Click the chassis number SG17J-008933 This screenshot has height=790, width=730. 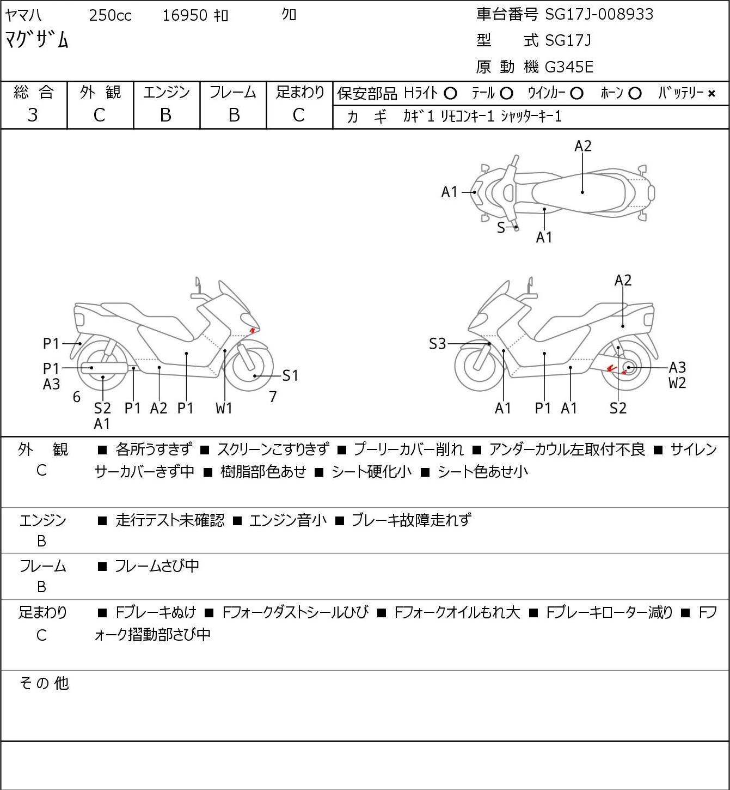point(599,14)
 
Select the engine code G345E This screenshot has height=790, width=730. point(568,67)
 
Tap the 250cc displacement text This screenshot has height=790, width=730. point(110,15)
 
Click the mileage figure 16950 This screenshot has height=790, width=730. point(185,15)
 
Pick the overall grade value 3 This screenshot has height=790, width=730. point(33,116)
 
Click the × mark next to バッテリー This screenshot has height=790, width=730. point(711,94)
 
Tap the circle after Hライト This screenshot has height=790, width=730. point(450,94)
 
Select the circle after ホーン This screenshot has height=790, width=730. point(635,94)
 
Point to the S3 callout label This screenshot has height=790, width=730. point(437,344)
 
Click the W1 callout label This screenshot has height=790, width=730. point(224,408)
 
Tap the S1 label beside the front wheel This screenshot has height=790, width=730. point(290,375)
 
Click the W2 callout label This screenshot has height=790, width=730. point(677,383)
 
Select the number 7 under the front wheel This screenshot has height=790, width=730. point(273,397)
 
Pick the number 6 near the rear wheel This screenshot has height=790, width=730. point(77,397)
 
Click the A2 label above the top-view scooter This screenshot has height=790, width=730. point(583,146)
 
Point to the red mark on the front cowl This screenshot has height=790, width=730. point(252,330)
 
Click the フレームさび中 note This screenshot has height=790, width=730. point(157,566)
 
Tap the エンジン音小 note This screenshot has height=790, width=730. point(288,520)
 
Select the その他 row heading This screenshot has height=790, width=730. point(44,683)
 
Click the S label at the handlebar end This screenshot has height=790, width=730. point(501,228)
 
